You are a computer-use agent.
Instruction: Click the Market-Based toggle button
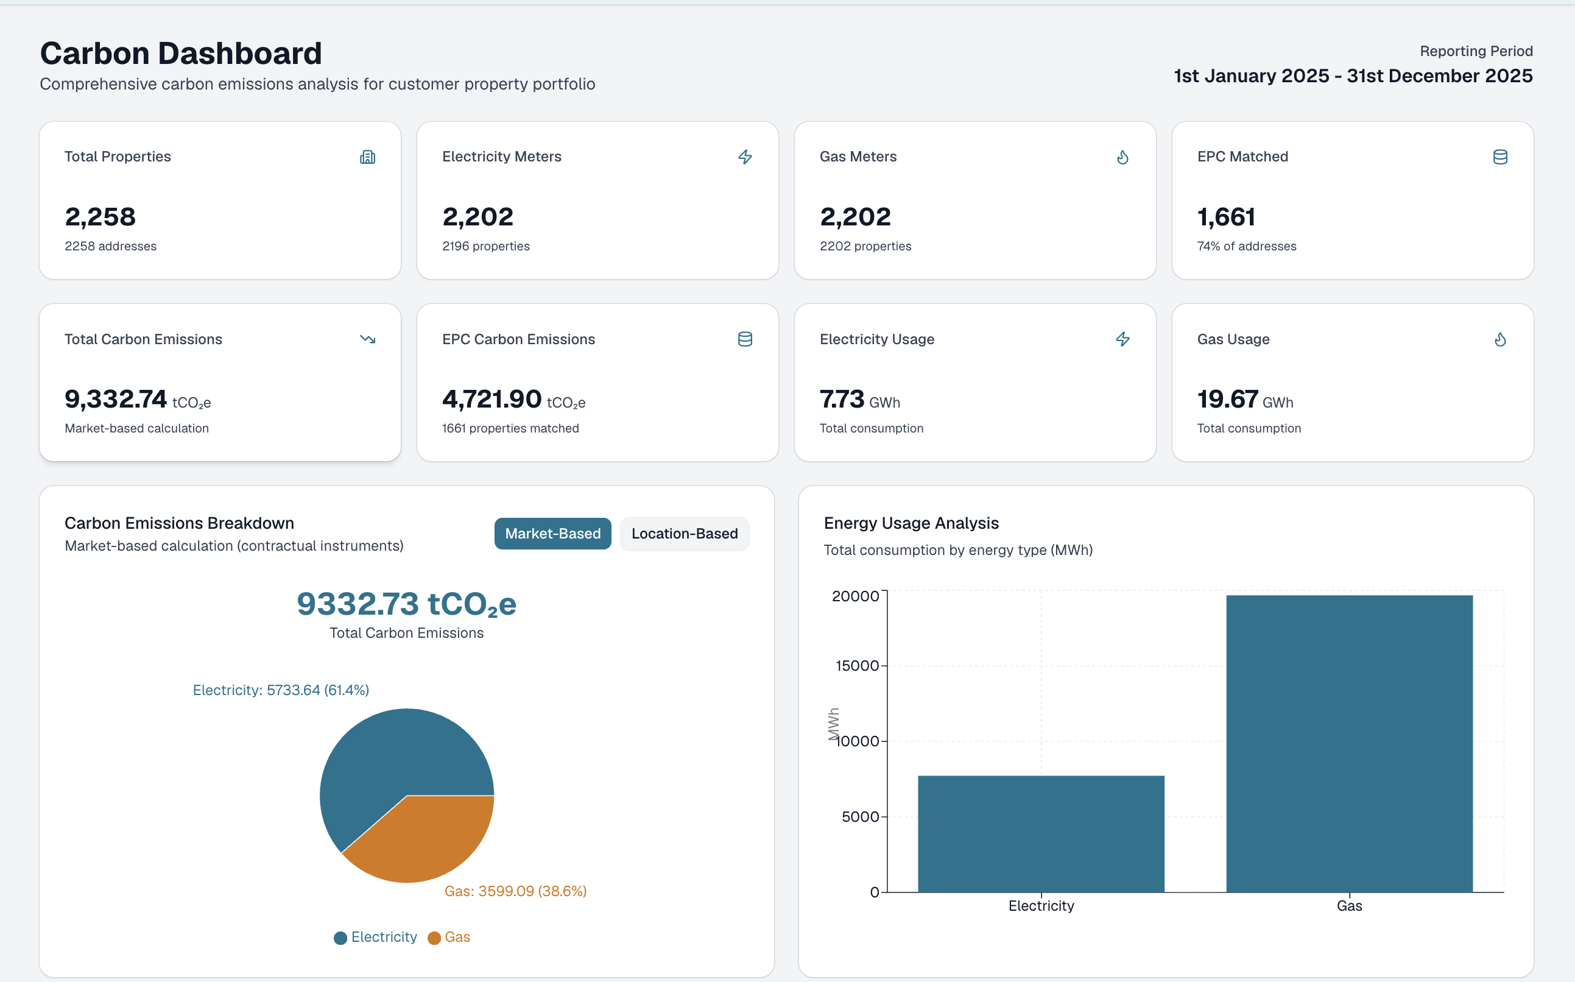click(x=552, y=533)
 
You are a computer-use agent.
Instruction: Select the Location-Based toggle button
click(x=685, y=533)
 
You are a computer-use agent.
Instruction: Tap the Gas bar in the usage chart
click(x=1349, y=744)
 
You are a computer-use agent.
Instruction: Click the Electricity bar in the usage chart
click(x=1041, y=834)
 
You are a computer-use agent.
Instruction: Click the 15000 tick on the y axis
click(x=857, y=666)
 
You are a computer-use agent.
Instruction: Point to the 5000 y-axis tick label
click(x=860, y=816)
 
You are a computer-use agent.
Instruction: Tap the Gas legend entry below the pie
click(x=449, y=937)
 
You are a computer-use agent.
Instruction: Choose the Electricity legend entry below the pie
click(x=375, y=937)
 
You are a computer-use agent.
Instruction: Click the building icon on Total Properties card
click(x=367, y=157)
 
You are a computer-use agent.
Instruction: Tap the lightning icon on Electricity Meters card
click(x=745, y=157)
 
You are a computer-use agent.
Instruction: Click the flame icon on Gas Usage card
click(x=1500, y=339)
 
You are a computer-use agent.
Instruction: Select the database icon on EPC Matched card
click(x=1500, y=157)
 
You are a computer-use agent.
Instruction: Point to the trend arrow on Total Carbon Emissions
click(x=367, y=339)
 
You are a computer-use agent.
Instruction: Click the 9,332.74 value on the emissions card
click(x=116, y=399)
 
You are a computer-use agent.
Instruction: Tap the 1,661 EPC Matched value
click(x=1227, y=217)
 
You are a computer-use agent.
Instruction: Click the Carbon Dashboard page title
click(x=181, y=53)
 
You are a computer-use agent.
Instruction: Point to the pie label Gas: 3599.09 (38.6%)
click(x=515, y=891)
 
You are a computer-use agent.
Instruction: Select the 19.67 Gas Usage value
click(x=1228, y=399)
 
